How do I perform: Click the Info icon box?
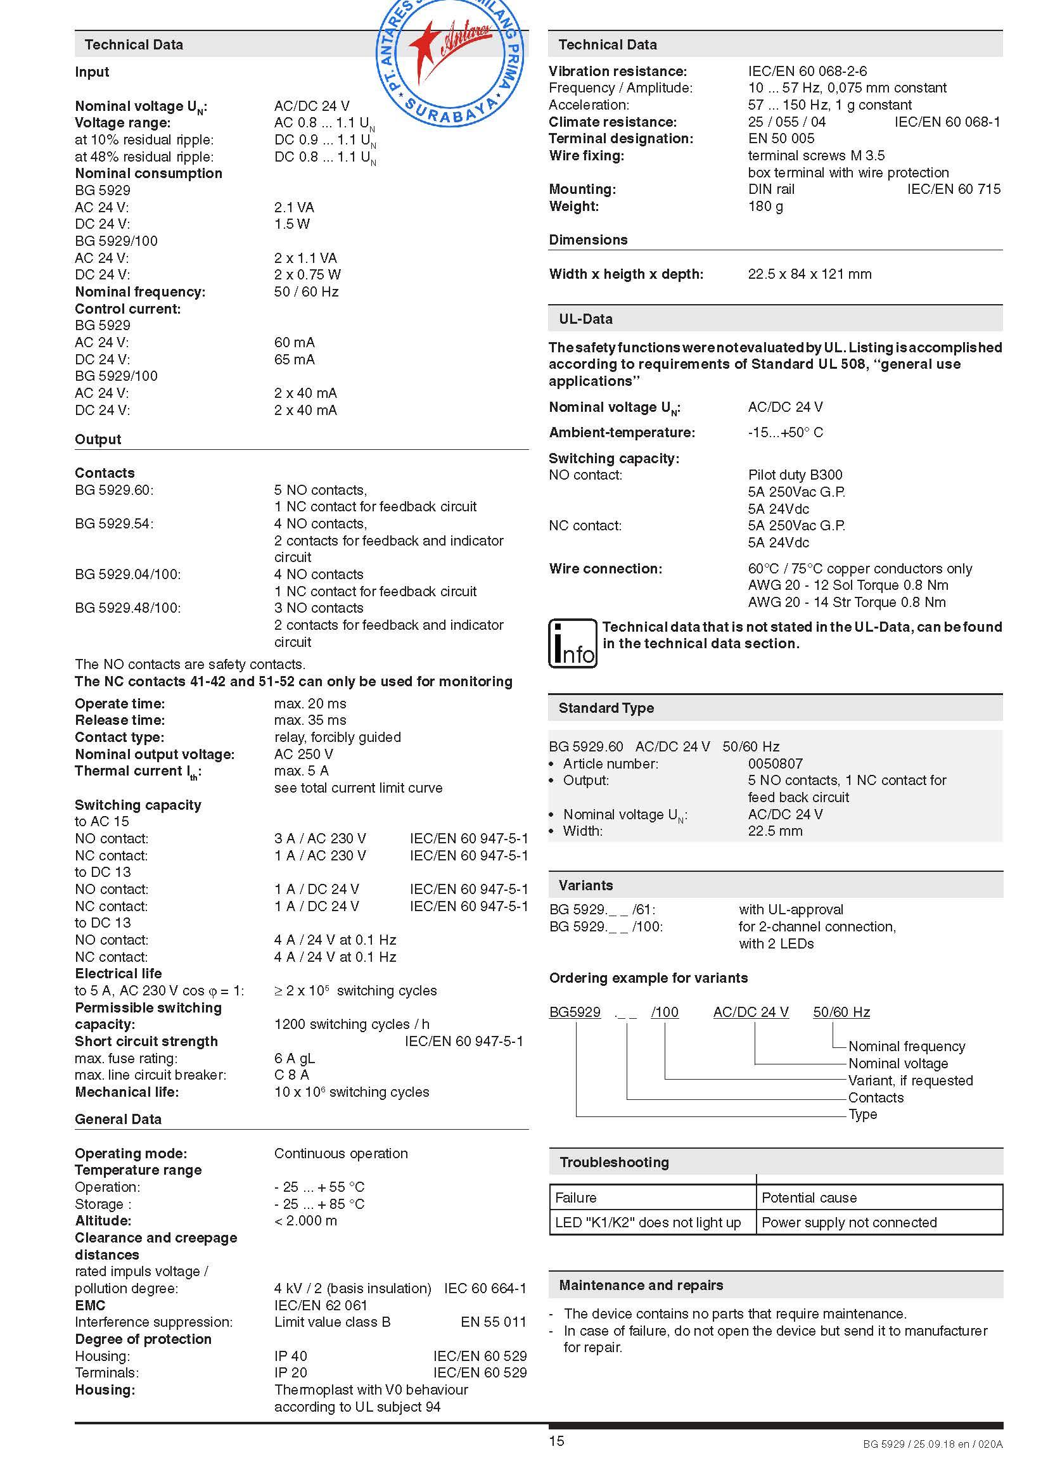coord(572,643)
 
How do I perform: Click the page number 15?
coord(556,1441)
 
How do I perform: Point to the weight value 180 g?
coord(765,206)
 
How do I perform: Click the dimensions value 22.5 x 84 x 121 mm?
coord(809,274)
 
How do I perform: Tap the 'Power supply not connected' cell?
coord(848,1222)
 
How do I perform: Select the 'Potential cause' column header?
coord(808,1198)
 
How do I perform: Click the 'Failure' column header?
coord(575,1198)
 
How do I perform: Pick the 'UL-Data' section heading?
coord(585,319)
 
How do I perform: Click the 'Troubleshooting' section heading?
coord(614,1163)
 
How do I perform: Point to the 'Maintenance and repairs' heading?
coord(640,1285)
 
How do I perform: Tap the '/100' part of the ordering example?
coord(665,1012)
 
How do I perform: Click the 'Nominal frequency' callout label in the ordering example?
coord(906,1046)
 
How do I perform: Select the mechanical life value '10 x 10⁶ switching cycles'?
coord(351,1092)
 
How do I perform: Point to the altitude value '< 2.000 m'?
coord(305,1220)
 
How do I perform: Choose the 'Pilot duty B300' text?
coord(795,475)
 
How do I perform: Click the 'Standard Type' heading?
coord(606,708)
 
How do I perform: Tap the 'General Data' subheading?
coord(118,1119)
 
